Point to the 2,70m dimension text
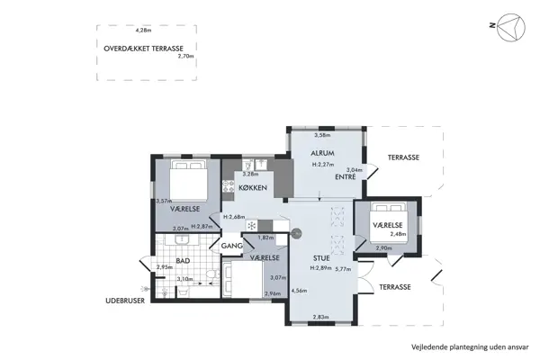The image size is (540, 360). click(186, 57)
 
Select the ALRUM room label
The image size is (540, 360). click(322, 154)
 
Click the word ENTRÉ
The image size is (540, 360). click(346, 177)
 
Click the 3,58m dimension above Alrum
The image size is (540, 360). click(320, 136)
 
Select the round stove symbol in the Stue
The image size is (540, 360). click(295, 235)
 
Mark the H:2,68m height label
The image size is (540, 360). click(237, 217)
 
